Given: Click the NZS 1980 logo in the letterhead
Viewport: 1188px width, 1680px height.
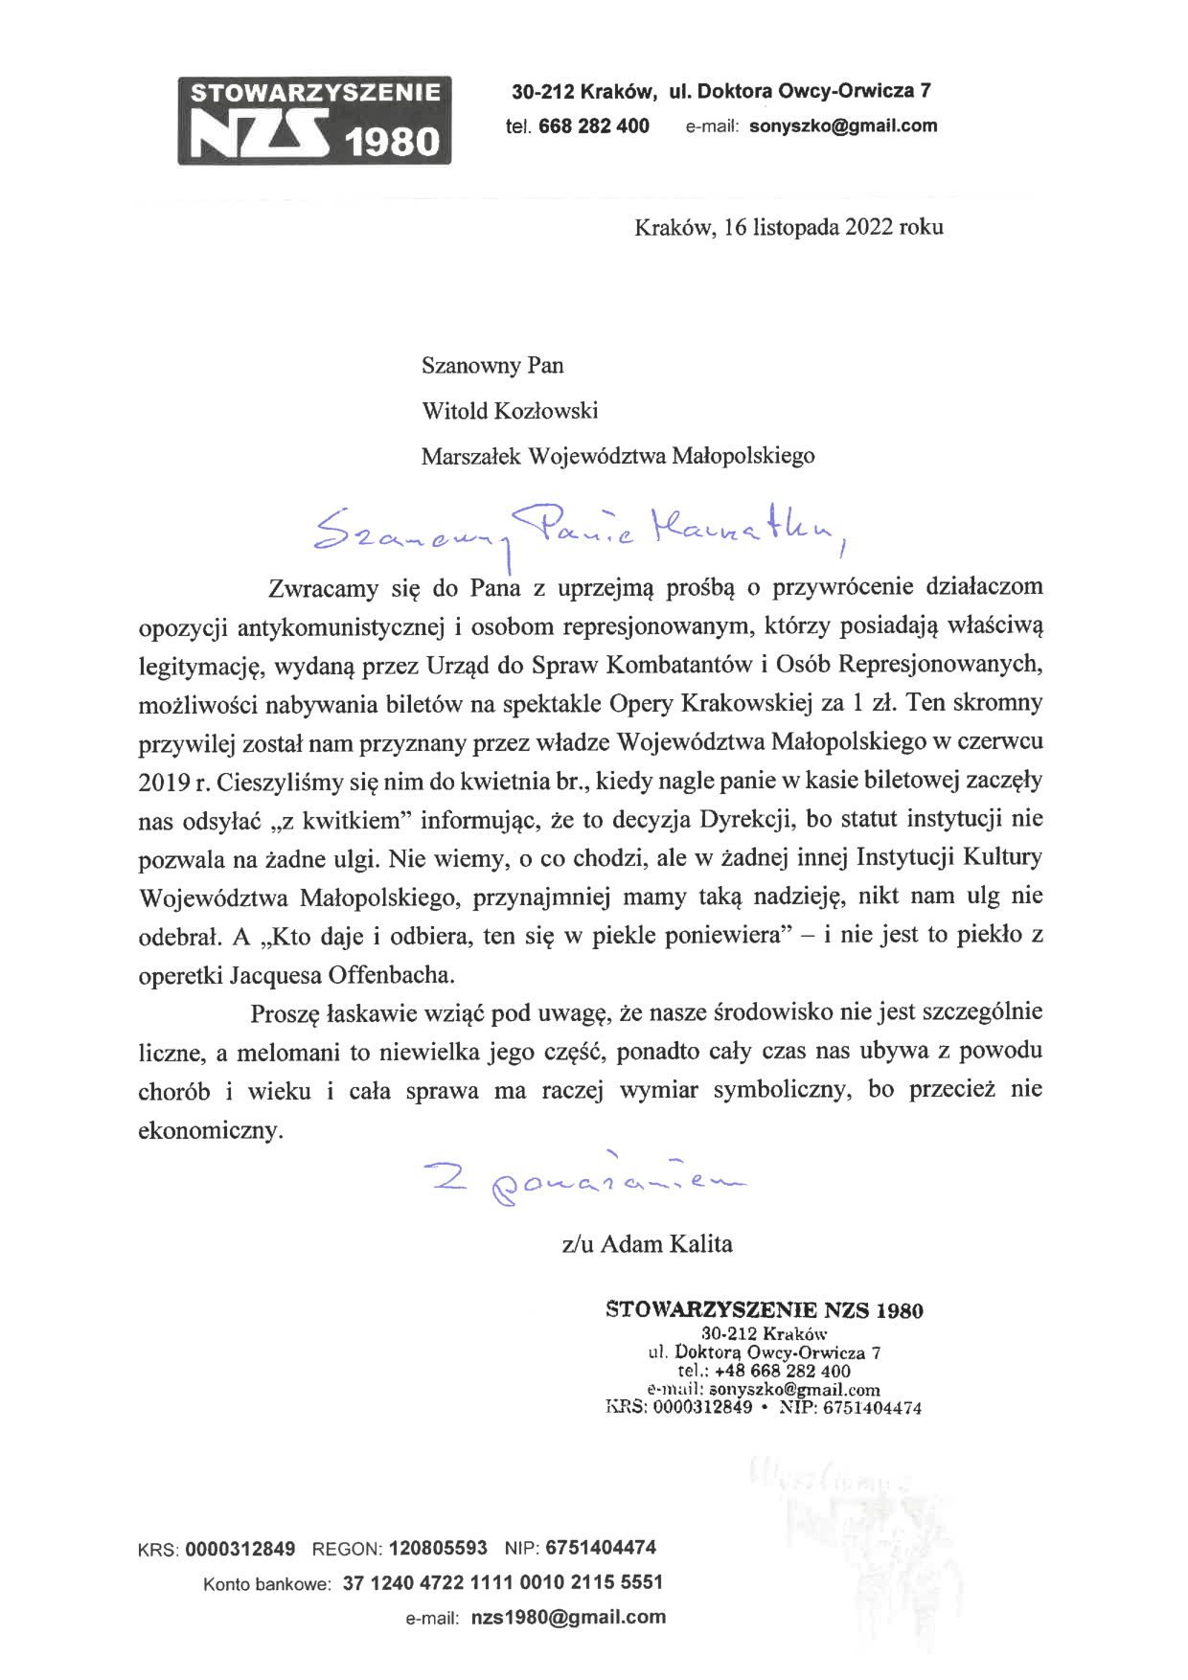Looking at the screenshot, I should click(314, 121).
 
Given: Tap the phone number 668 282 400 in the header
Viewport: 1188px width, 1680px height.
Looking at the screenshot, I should click(593, 125).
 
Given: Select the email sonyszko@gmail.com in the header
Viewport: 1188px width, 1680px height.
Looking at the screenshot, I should click(843, 125).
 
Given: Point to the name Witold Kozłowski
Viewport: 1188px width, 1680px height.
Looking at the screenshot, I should click(510, 411).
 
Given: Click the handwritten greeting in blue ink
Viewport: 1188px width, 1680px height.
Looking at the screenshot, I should click(579, 532).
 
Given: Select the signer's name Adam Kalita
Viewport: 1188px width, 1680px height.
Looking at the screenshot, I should click(666, 1244).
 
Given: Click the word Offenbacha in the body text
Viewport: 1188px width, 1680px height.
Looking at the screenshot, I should click(391, 975).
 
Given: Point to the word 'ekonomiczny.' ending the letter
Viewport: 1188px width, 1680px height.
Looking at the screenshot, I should click(211, 1130).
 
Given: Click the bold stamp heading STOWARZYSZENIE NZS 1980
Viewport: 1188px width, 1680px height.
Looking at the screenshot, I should click(764, 1310).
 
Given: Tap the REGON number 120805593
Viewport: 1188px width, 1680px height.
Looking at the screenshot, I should click(438, 1548).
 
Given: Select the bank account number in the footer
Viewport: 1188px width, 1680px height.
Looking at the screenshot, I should click(502, 1582).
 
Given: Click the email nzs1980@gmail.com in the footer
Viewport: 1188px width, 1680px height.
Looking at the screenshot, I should click(568, 1618).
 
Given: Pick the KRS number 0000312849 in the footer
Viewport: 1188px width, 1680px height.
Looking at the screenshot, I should click(240, 1549).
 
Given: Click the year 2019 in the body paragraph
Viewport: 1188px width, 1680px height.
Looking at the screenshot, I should click(164, 783).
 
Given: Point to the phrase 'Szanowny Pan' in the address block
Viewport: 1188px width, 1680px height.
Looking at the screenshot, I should click(492, 366).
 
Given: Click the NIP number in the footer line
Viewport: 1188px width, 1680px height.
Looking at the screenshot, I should click(601, 1548).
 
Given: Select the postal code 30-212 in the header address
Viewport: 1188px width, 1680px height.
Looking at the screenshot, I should click(542, 92).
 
